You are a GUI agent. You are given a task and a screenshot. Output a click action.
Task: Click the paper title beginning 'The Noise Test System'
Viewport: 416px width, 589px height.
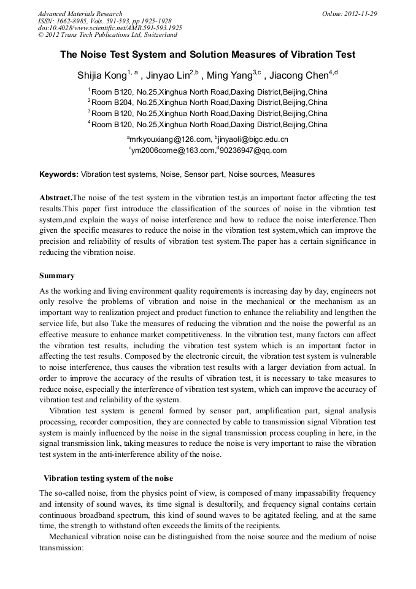click(x=207, y=55)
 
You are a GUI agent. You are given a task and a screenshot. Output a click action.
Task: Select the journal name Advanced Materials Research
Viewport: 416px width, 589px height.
click(x=80, y=14)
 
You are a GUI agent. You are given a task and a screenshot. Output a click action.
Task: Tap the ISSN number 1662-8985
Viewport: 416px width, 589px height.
click(x=77, y=21)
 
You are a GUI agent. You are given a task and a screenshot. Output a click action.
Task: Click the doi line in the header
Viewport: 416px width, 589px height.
click(x=110, y=28)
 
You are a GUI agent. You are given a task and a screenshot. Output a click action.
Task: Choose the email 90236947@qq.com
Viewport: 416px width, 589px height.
click(x=254, y=150)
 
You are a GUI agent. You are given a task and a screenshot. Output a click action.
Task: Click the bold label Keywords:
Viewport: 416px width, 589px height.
click(x=59, y=174)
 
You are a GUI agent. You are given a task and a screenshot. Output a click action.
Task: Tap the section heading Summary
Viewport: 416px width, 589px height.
click(x=57, y=276)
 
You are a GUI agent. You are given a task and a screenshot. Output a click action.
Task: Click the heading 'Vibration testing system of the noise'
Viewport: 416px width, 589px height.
click(x=108, y=478)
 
